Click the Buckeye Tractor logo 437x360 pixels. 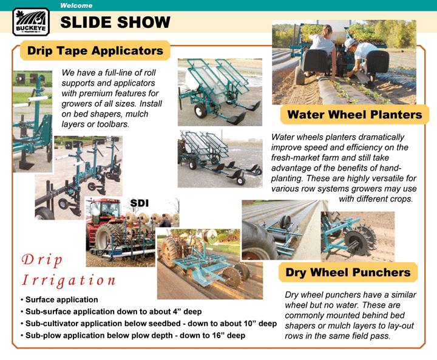click(x=31, y=21)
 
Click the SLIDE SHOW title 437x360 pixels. click(x=115, y=22)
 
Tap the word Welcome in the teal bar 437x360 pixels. click(x=76, y=5)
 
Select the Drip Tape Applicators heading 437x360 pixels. click(x=95, y=50)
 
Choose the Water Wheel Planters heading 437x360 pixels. click(x=354, y=115)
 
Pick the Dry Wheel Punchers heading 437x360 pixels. click(x=348, y=272)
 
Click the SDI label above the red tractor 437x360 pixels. click(x=140, y=203)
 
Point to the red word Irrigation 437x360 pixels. click(x=69, y=280)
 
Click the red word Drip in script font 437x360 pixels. click(x=42, y=260)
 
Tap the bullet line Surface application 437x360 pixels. click(x=59, y=300)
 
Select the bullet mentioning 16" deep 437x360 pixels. click(x=133, y=336)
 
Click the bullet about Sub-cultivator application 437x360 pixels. click(x=149, y=324)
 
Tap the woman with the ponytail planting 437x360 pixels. click(x=323, y=50)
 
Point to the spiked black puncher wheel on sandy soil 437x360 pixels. click(x=359, y=240)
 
